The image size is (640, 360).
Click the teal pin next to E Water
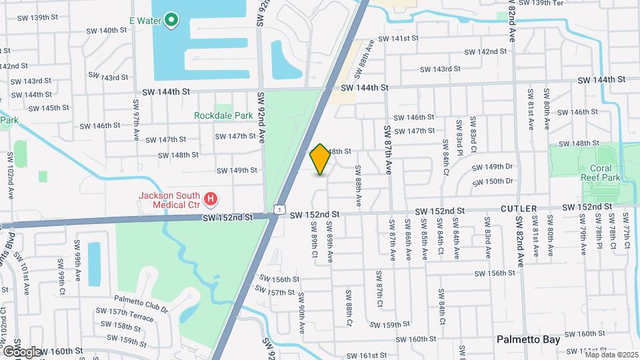171,20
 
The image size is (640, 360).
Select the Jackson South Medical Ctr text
169,201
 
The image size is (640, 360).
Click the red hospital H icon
211,198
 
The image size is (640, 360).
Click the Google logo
22,351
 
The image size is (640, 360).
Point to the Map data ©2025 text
611,355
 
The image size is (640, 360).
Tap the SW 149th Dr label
493,167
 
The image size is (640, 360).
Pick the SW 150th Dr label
493,181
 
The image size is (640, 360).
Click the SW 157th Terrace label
125,312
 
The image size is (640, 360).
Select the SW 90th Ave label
301,313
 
